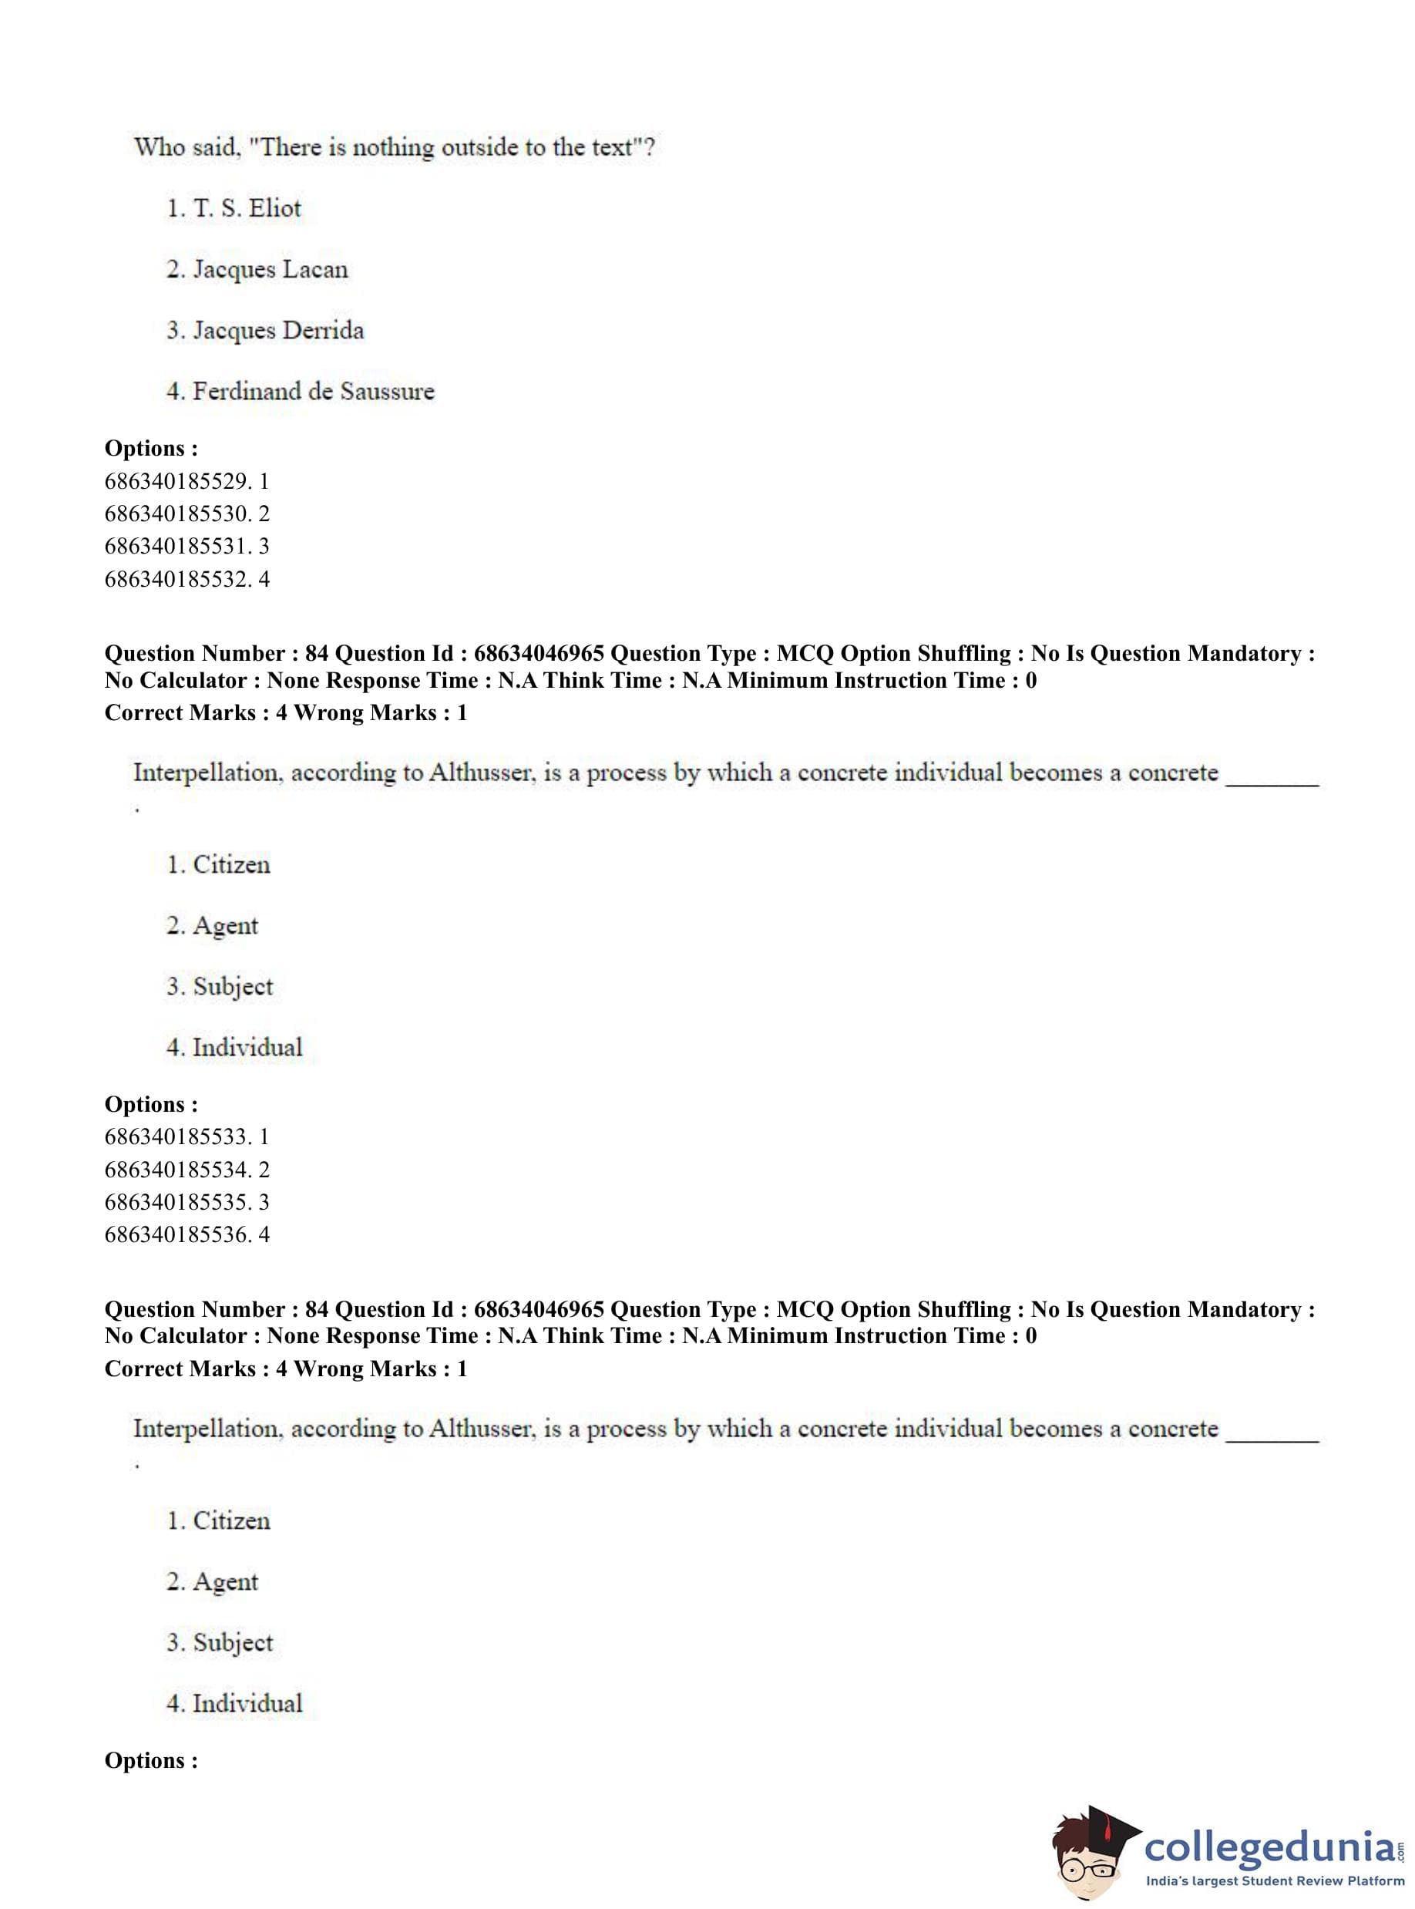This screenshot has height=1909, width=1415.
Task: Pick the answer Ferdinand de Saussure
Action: point(300,392)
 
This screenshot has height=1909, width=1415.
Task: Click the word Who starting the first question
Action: point(159,147)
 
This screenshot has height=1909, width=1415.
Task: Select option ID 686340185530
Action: point(186,513)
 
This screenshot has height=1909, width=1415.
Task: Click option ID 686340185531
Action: point(186,546)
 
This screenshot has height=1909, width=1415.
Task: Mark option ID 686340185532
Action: point(186,579)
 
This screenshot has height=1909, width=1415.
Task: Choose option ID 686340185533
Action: point(186,1136)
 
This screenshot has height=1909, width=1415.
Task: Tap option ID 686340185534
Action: point(186,1170)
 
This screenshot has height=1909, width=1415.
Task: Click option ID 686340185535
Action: point(186,1202)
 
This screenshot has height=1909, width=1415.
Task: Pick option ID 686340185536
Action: point(186,1234)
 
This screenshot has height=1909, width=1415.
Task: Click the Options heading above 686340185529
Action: point(151,448)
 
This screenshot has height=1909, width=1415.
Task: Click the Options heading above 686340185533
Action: point(151,1104)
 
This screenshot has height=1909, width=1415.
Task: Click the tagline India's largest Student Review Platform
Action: point(1275,1880)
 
